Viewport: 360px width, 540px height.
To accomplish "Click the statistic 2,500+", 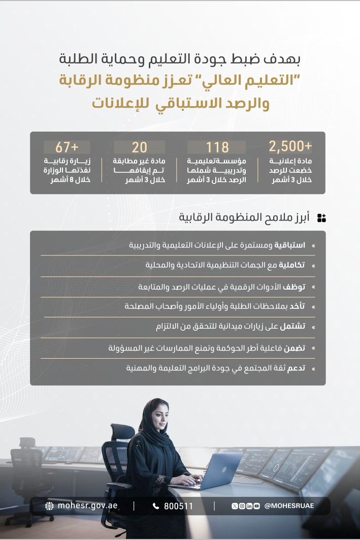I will tap(290, 147).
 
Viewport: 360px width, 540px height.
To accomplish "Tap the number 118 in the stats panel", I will tap(217, 147).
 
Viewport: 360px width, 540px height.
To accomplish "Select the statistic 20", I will tap(139, 147).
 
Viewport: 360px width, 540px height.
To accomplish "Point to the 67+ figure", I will tap(67, 147).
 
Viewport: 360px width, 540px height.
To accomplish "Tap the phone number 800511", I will tap(178, 506).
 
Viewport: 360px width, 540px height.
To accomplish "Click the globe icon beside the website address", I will tap(49, 506).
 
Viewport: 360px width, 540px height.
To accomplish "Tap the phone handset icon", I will tap(156, 506).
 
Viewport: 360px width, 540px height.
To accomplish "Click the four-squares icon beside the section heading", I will tap(321, 218).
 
